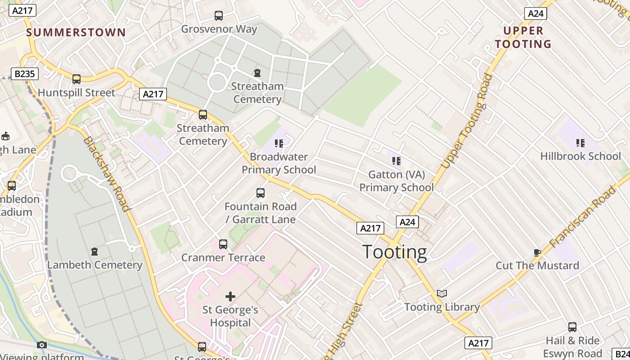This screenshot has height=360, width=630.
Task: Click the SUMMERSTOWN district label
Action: (76, 32)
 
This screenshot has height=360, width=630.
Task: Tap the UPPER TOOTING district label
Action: (523, 37)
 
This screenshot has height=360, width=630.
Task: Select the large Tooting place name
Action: (394, 252)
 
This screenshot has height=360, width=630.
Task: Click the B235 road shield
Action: (24, 74)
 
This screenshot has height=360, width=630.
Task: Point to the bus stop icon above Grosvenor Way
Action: (219, 16)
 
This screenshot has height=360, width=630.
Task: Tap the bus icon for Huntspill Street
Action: (76, 79)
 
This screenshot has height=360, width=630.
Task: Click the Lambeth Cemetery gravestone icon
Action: (94, 251)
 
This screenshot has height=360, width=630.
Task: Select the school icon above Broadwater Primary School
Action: (279, 144)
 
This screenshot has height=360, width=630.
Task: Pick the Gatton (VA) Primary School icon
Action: (396, 161)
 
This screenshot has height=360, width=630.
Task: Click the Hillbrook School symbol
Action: (580, 143)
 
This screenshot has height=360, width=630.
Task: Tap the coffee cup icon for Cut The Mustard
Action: (537, 252)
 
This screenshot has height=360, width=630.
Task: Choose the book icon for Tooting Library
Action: (442, 294)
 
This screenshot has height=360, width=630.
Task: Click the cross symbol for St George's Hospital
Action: (230, 297)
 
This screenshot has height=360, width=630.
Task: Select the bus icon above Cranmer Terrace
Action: (223, 244)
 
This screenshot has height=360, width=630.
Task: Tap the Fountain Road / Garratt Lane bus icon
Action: (261, 193)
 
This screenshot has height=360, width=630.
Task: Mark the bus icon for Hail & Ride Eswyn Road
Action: (572, 327)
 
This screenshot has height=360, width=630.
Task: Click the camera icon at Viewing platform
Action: (42, 345)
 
